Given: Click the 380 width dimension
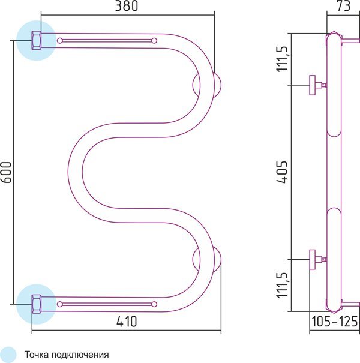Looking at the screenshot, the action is click(x=127, y=6).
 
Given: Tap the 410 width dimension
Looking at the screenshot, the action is click(x=127, y=322).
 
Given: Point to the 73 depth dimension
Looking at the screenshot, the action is click(x=344, y=6).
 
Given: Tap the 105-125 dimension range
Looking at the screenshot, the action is click(x=335, y=322).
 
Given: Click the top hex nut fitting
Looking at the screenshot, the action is click(x=37, y=41).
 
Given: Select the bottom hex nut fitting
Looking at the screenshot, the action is click(x=37, y=304).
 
